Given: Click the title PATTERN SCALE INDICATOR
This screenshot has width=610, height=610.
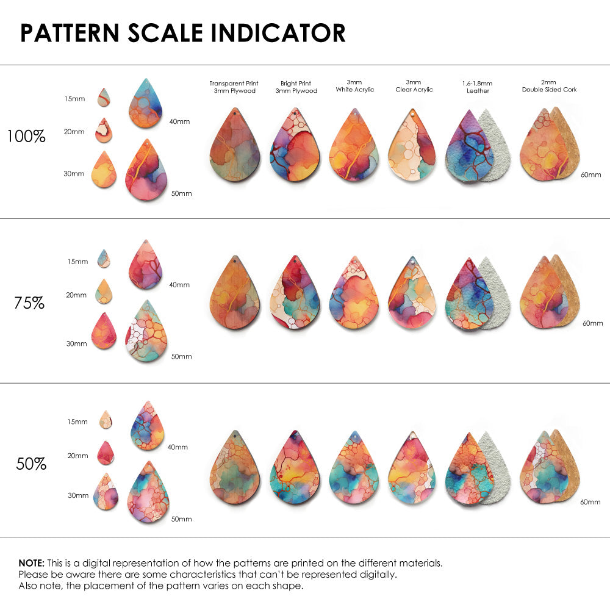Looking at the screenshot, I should [x=183, y=33].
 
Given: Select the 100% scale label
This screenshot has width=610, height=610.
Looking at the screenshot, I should [x=26, y=137].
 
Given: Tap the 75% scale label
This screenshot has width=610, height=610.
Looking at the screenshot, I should [x=29, y=303].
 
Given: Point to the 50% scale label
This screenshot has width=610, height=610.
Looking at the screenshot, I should [x=31, y=464].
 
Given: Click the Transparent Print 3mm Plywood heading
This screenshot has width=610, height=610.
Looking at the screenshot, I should [x=234, y=87].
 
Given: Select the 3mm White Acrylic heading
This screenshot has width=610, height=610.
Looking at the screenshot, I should [x=354, y=86].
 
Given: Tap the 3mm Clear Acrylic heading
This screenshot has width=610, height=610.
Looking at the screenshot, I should [x=414, y=86].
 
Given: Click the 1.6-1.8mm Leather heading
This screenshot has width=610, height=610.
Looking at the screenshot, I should [x=477, y=87].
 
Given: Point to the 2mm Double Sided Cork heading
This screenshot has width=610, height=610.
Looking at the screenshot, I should [x=549, y=86].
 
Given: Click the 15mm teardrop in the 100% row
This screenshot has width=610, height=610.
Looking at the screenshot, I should [x=104, y=97].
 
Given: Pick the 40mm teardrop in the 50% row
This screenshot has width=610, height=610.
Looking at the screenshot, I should [x=148, y=426].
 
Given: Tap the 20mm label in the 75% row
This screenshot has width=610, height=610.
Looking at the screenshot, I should [x=76, y=295].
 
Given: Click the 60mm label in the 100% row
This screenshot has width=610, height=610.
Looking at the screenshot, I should [x=590, y=174].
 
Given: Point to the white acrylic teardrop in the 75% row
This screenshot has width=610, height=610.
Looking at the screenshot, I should [x=354, y=296].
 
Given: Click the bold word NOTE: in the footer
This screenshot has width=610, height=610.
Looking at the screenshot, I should [x=30, y=562].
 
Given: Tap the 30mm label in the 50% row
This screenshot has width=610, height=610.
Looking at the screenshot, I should [x=78, y=495].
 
